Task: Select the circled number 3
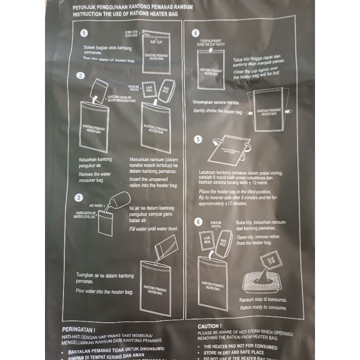tap(79, 197)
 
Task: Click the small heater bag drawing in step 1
tap(156, 52)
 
